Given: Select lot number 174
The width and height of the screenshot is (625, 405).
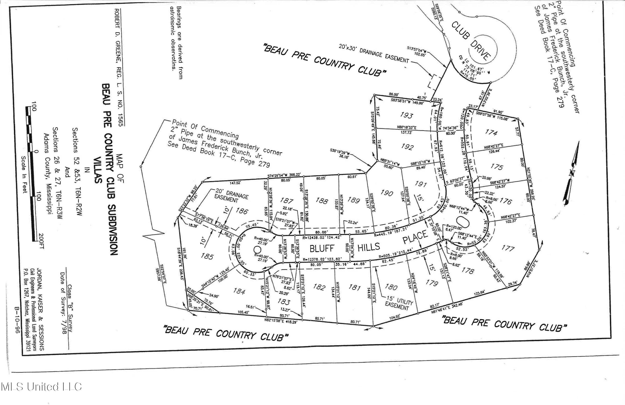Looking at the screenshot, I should pyautogui.click(x=491, y=132).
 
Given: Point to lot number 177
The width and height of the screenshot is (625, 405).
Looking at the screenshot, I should pyautogui.click(x=508, y=248).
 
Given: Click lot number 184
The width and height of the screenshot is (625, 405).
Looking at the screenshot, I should pyautogui.click(x=239, y=291).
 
